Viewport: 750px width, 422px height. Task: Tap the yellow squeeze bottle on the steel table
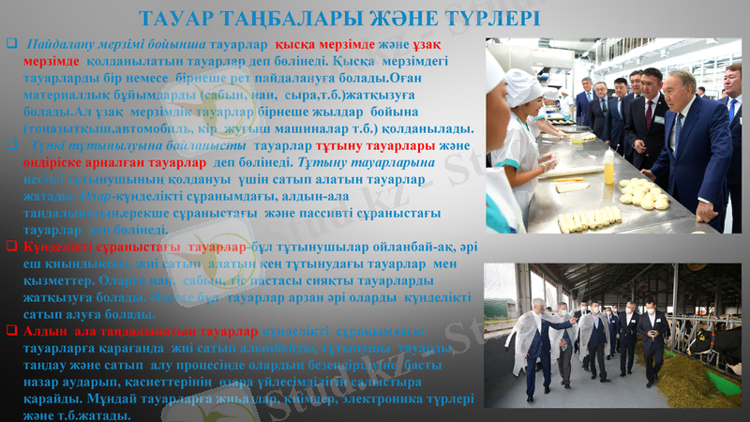point(609,166)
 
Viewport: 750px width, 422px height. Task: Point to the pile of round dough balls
point(643,193)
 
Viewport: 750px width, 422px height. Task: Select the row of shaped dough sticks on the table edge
point(590,219)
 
